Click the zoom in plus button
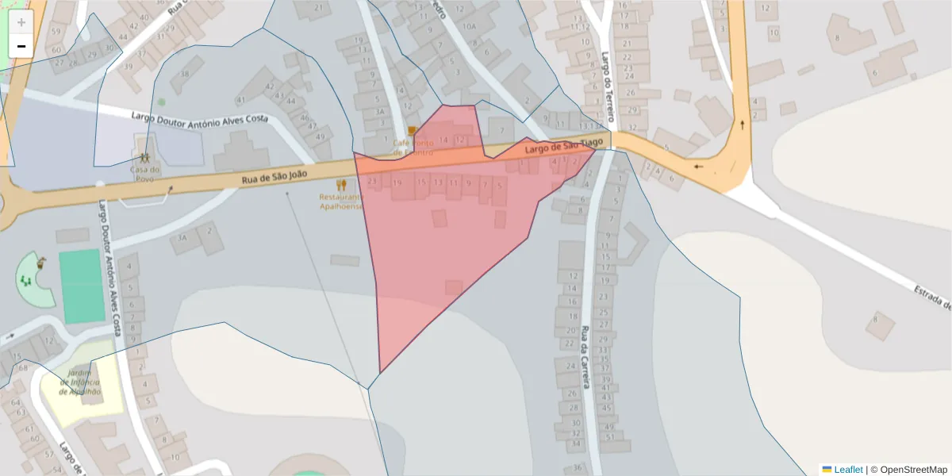pos(21,22)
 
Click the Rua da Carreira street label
pos(585,357)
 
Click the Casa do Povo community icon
pos(144,159)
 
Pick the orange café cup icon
pos(412,131)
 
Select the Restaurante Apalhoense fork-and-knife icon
pos(341,185)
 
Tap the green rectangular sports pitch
pos(82,286)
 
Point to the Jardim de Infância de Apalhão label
pos(80,382)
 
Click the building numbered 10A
pos(470,26)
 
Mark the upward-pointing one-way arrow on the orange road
pos(742,125)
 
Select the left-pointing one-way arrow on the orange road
pos(698,167)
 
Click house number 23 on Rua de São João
pos(373,182)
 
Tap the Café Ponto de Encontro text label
pos(413,147)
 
